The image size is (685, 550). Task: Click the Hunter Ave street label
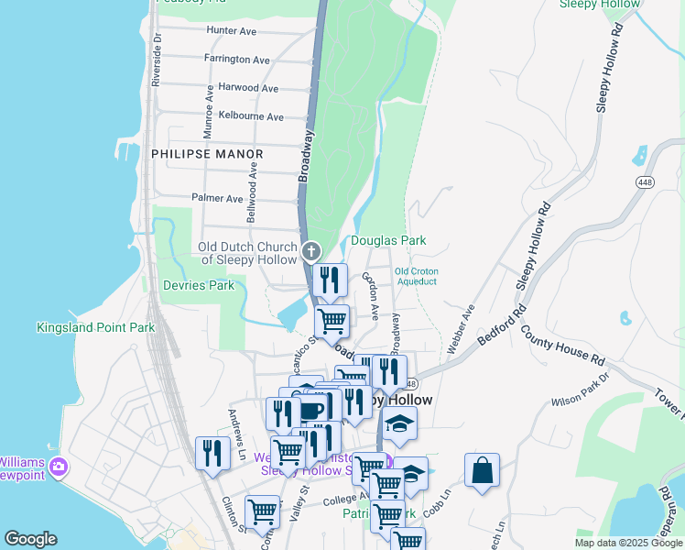tap(231, 30)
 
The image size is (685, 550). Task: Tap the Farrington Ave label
tap(237, 60)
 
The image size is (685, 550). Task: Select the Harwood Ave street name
tap(242, 88)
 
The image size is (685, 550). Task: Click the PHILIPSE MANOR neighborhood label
tap(207, 154)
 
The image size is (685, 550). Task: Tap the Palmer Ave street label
tap(217, 197)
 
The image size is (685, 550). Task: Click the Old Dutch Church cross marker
tap(311, 251)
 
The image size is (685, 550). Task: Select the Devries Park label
tap(199, 286)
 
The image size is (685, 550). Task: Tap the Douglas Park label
tap(388, 241)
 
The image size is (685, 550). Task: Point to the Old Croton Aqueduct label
tap(417, 276)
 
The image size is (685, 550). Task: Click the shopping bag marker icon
tap(482, 471)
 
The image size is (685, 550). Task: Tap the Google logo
tap(30, 539)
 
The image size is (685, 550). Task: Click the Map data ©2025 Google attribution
tap(627, 543)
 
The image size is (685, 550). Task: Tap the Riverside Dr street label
tap(157, 60)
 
